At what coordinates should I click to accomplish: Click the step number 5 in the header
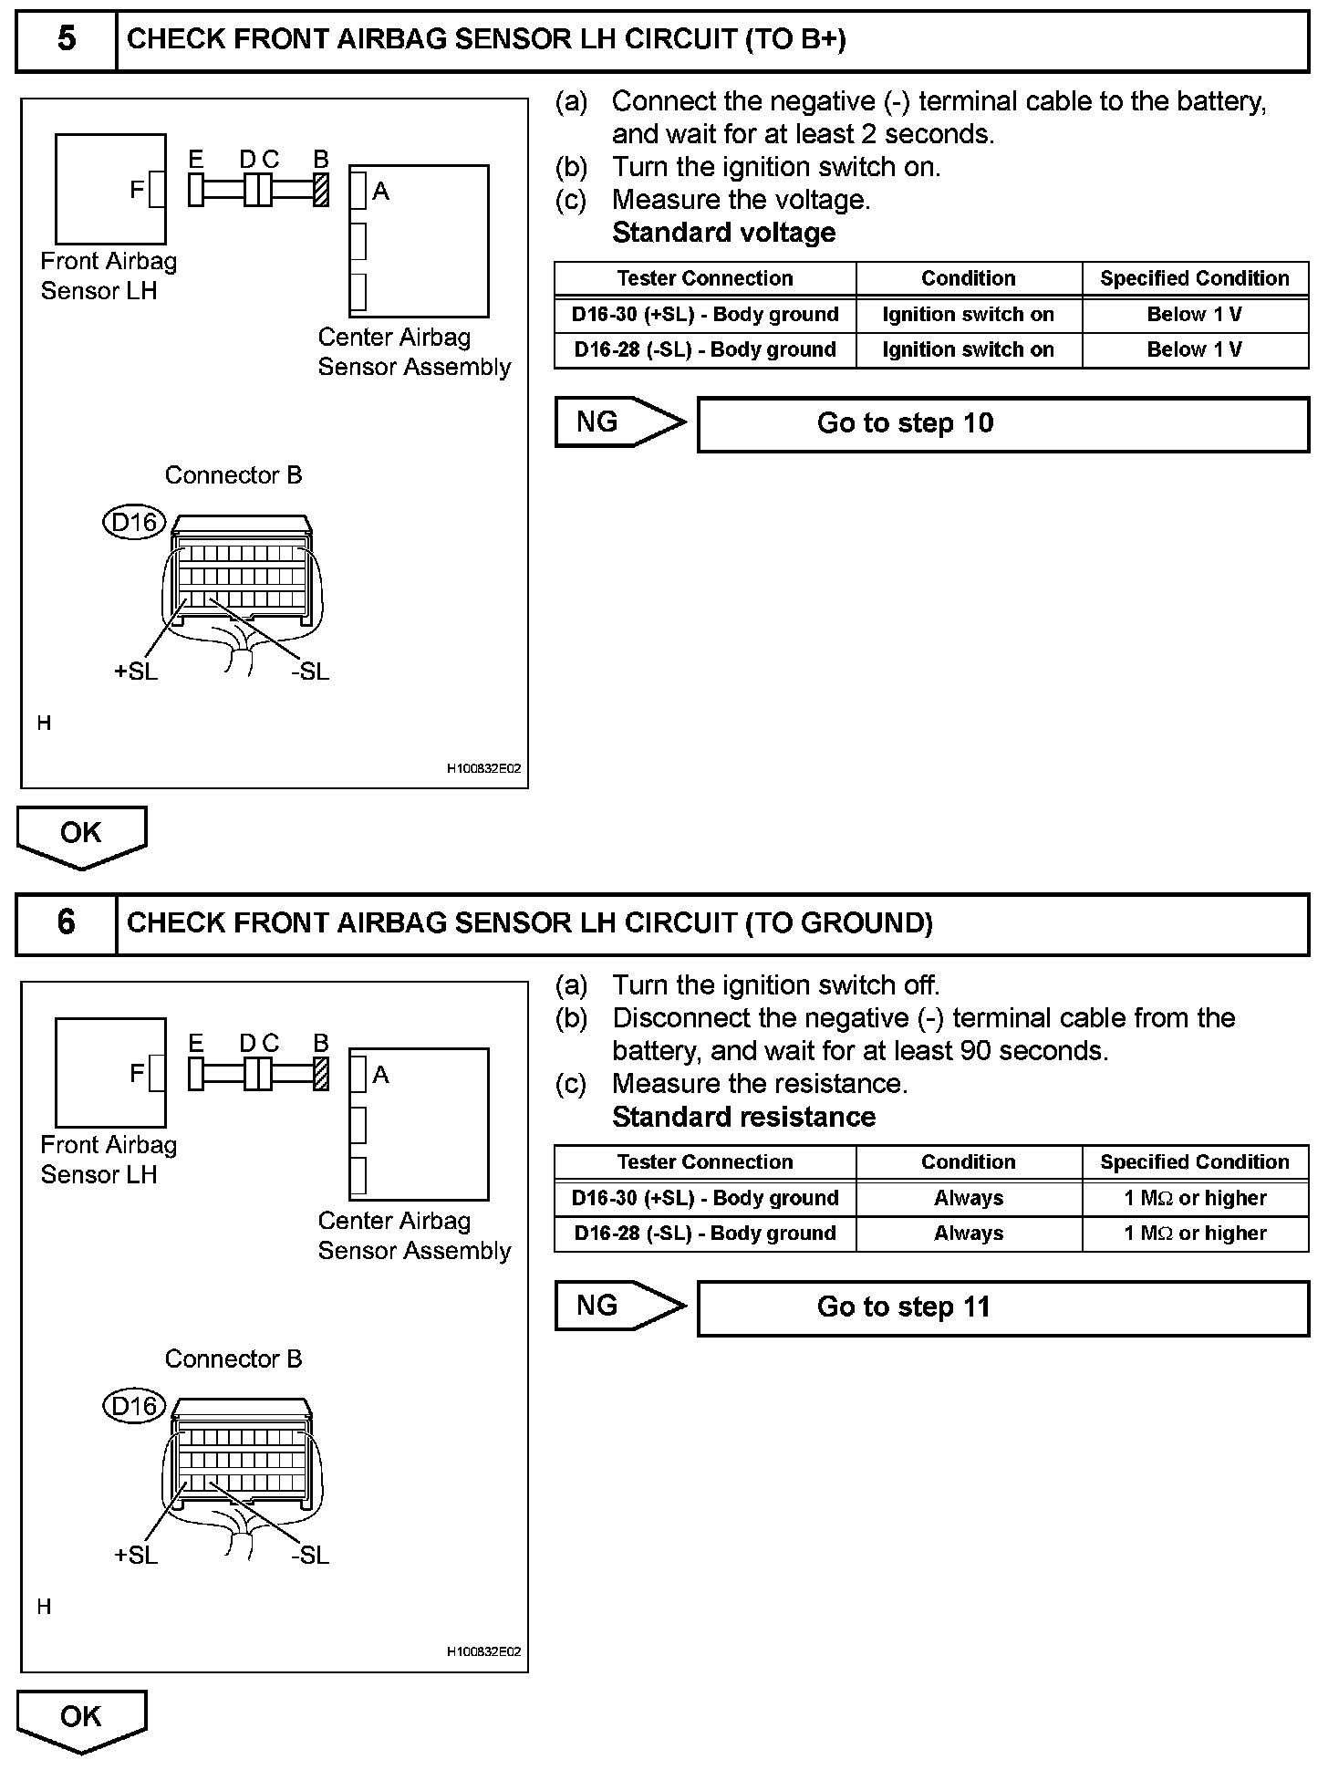67,39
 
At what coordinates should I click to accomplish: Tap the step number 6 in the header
67,922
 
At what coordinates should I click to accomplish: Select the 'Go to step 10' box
1002,423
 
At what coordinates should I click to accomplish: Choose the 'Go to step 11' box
1002,1307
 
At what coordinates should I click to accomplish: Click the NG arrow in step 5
619,422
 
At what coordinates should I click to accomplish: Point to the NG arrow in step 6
619,1306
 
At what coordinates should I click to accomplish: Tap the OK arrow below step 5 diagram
81,835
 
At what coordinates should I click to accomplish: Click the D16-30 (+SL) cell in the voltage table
705,315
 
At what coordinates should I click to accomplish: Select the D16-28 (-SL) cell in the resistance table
705,1234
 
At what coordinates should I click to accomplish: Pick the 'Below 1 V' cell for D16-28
1195,349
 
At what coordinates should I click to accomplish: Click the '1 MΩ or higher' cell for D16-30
1195,1198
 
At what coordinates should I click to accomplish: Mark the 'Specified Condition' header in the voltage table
1195,278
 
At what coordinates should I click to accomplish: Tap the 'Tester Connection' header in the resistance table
705,1162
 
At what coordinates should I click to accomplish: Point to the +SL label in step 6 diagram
136,1556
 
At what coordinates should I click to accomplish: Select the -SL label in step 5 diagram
310,672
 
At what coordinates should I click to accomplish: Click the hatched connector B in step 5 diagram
321,190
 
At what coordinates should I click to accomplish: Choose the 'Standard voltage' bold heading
723,233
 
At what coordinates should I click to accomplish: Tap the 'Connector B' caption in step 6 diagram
233,1359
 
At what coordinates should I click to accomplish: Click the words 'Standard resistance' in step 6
743,1117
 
